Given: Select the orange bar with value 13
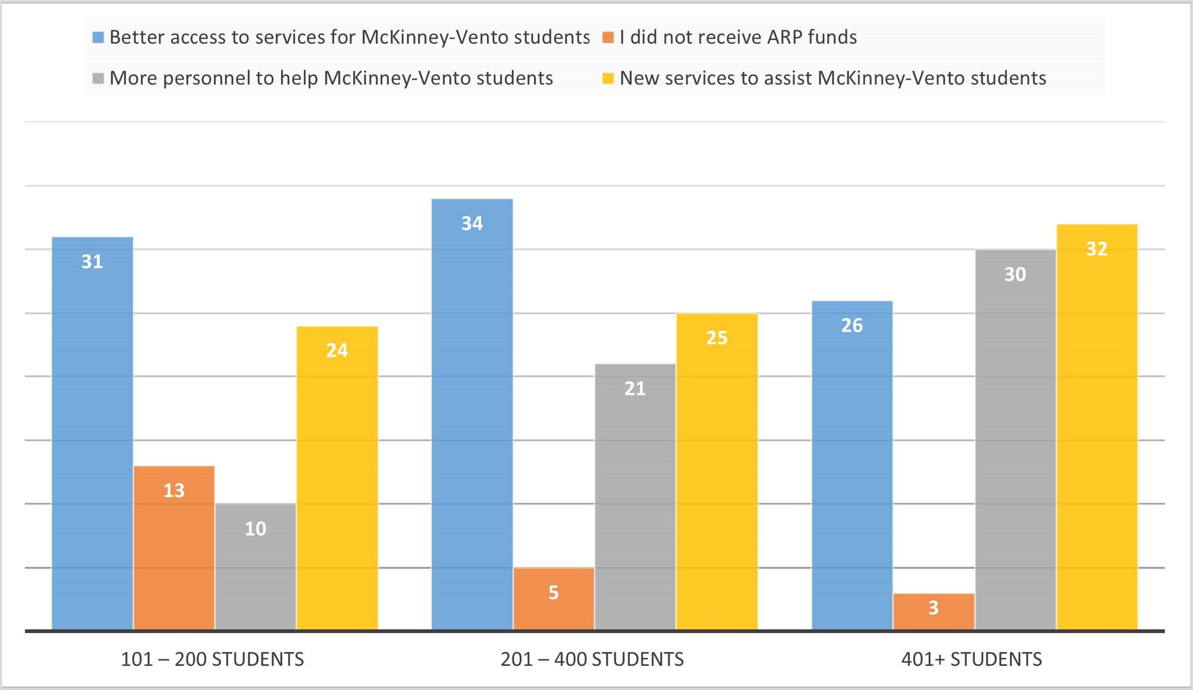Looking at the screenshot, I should (174, 548).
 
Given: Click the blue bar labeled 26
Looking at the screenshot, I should (852, 465).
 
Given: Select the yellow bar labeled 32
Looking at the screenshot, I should (1097, 427).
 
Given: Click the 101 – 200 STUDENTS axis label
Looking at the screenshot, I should (212, 659).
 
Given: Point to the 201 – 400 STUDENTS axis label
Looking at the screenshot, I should (592, 659).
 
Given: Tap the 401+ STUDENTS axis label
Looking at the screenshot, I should (971, 659).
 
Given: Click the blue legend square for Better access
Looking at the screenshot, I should (98, 37).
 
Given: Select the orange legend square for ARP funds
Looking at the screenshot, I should (607, 37).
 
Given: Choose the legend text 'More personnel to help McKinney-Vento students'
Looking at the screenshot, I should (331, 78).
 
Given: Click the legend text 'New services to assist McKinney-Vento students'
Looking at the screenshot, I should (833, 78).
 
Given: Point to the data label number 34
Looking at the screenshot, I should (472, 223).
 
